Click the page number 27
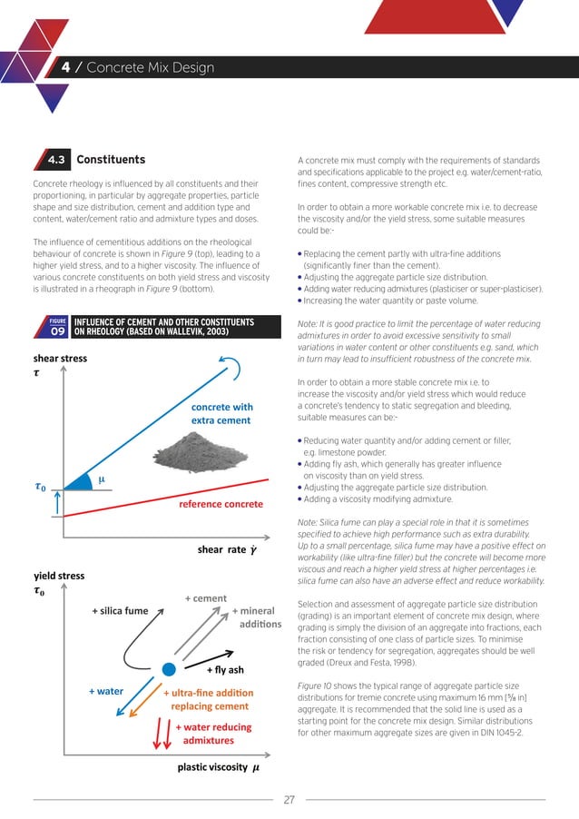(289, 800)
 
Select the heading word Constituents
(111, 161)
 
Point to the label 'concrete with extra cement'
(221, 414)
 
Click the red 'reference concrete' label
(220, 503)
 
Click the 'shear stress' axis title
(61, 359)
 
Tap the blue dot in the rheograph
(168, 669)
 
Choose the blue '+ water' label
(106, 692)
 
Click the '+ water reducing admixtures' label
(212, 734)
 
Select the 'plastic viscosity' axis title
(217, 768)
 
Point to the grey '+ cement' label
(205, 598)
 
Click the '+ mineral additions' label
(257, 618)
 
